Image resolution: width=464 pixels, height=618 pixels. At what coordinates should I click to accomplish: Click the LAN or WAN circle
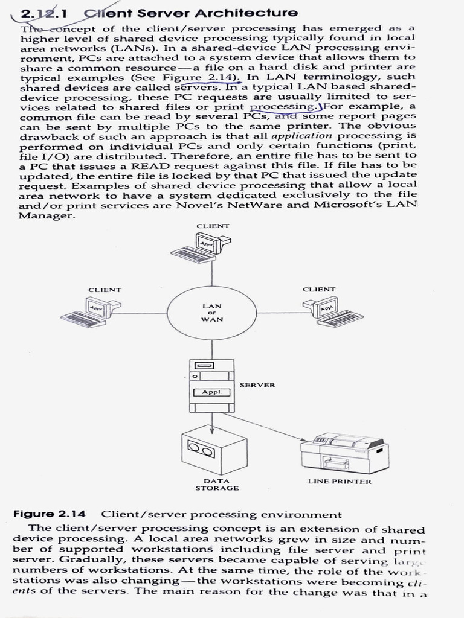[211, 313]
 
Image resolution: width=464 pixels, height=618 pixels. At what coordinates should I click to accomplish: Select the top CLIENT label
[213, 226]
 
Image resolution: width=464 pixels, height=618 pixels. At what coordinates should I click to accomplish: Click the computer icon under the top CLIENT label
[202, 246]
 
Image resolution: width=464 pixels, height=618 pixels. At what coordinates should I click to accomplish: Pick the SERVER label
[257, 384]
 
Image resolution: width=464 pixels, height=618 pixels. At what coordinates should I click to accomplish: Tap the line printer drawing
[345, 452]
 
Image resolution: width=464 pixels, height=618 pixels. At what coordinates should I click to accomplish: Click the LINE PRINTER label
[340, 482]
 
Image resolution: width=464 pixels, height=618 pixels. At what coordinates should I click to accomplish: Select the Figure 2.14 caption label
[49, 514]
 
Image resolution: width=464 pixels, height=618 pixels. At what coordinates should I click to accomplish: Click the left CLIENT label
[105, 290]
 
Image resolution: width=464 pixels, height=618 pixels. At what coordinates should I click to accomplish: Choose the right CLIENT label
[319, 290]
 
